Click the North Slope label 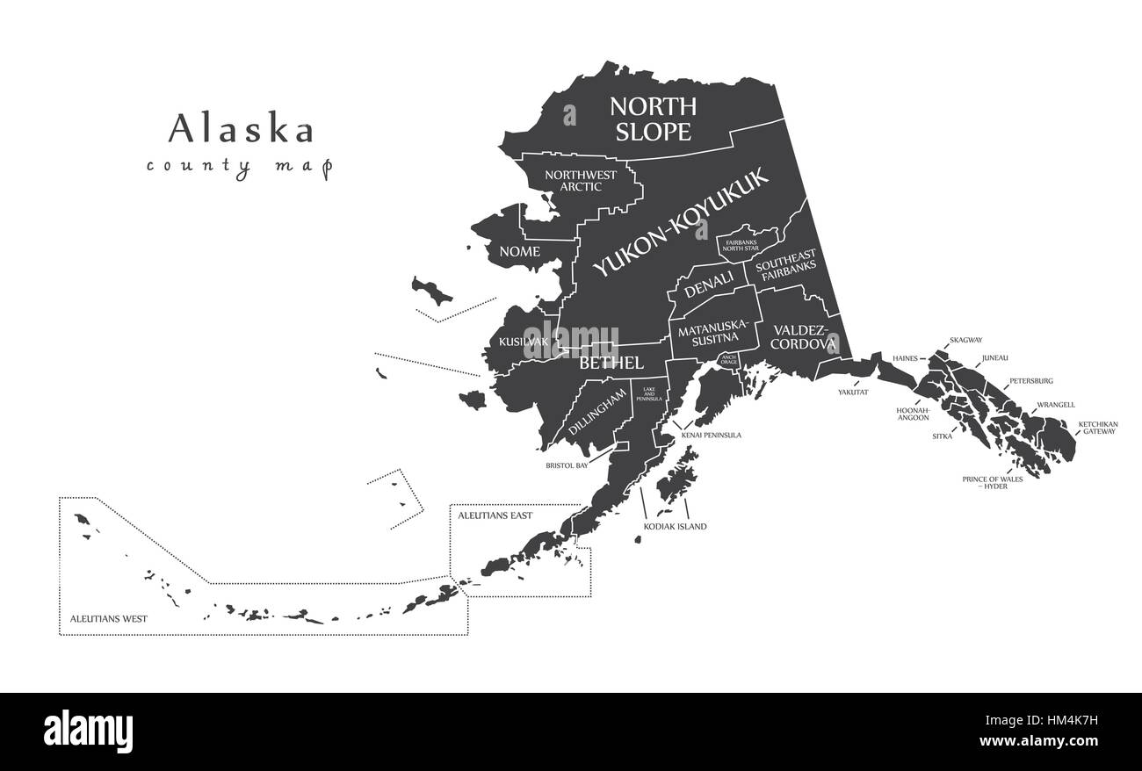click(653, 119)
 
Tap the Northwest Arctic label click(581, 180)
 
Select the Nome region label click(519, 252)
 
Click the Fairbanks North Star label click(746, 245)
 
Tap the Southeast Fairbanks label click(787, 267)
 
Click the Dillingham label click(599, 411)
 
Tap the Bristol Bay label click(567, 465)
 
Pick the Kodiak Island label click(675, 527)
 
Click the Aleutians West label click(109, 619)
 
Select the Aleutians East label click(495, 515)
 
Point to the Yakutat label click(852, 393)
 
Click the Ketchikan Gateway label click(1097, 428)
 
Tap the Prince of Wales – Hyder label click(993, 482)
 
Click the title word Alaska click(241, 129)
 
